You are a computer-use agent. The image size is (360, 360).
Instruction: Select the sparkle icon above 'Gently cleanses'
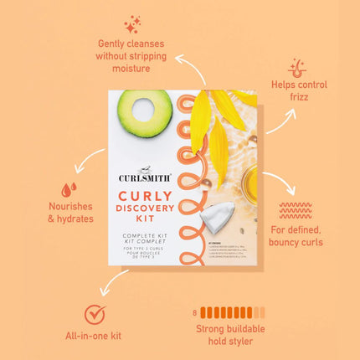[x=132, y=24]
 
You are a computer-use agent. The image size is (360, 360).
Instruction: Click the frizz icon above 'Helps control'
[x=297, y=67]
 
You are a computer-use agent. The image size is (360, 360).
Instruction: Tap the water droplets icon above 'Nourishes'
[x=67, y=190]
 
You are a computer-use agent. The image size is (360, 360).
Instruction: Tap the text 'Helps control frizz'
[x=298, y=91]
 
